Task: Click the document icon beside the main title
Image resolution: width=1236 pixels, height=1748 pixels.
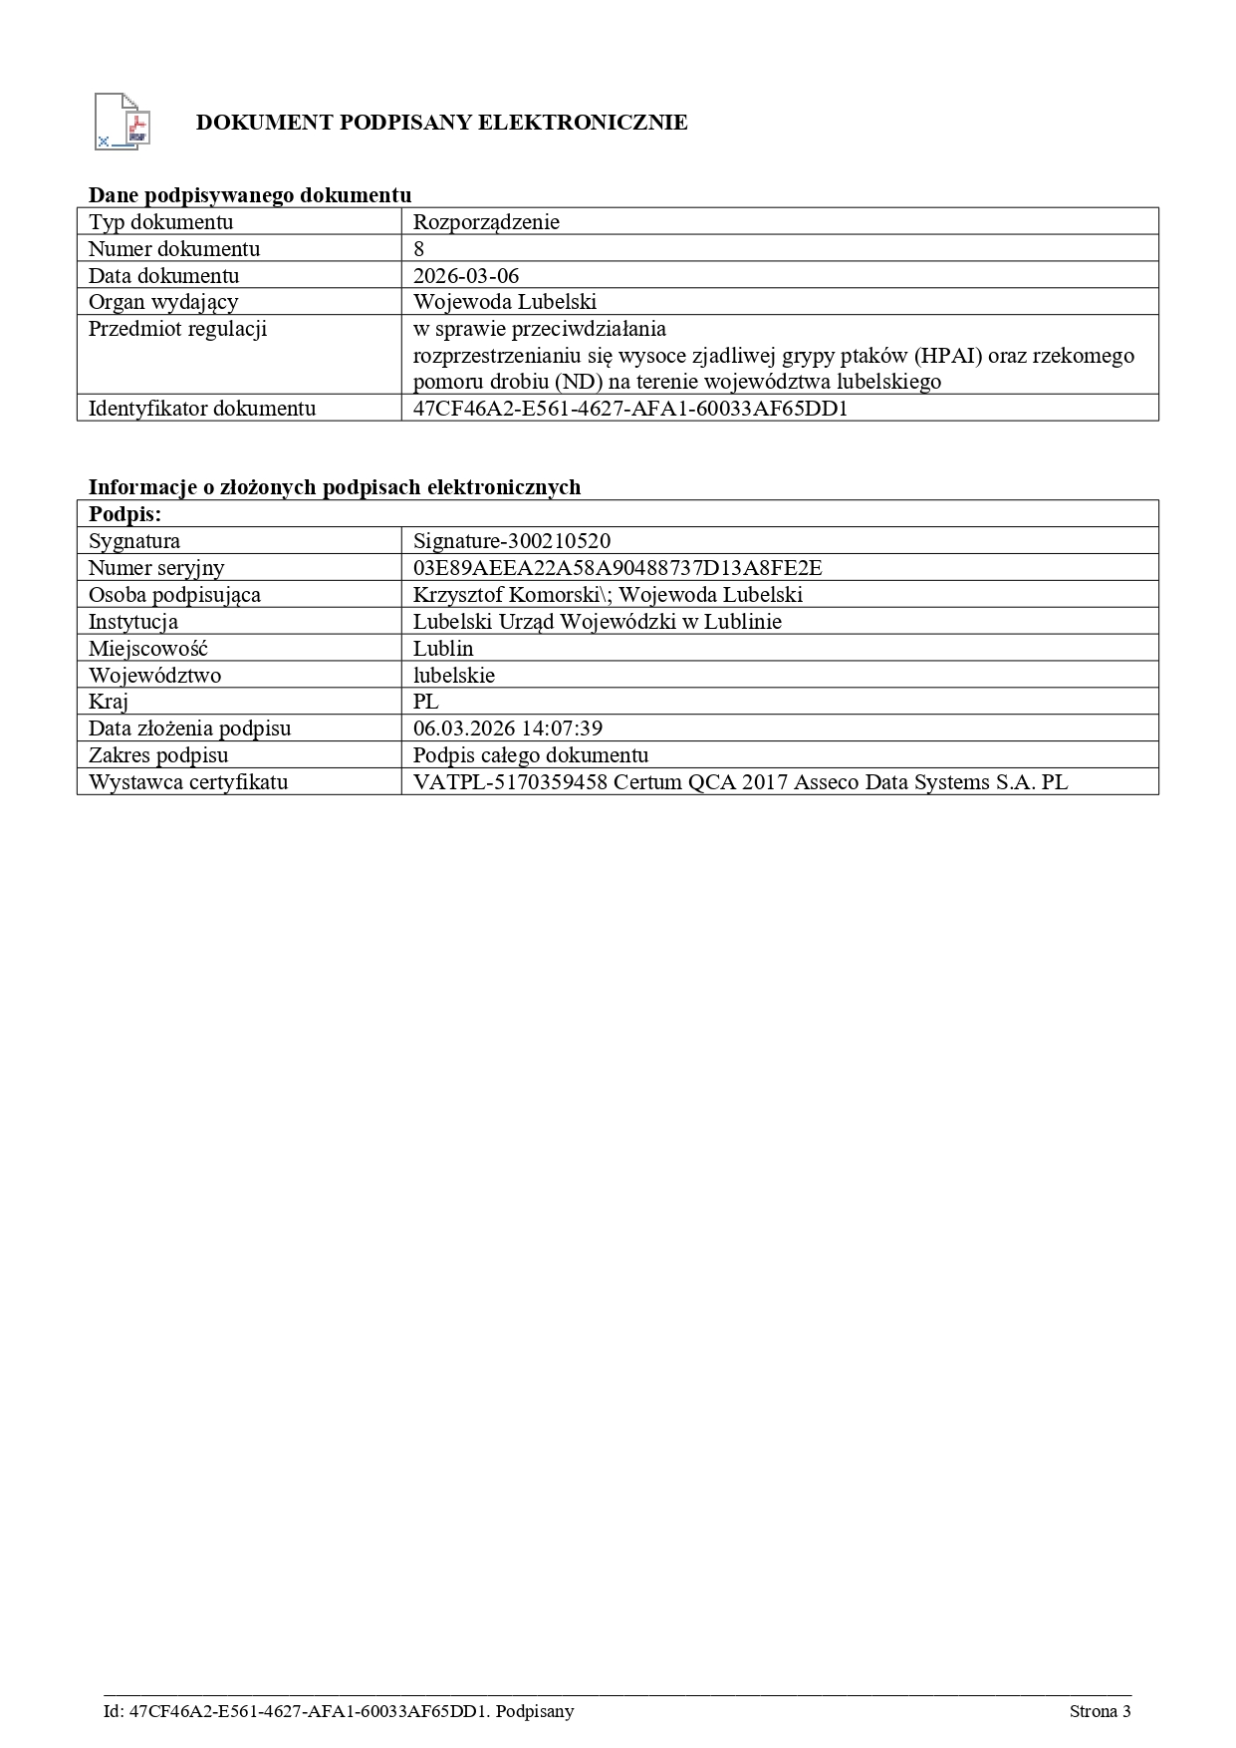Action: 122,122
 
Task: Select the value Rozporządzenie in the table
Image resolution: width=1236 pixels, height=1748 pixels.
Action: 486,222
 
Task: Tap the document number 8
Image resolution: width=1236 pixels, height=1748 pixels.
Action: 419,249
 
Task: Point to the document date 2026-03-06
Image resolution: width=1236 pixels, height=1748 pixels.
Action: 466,276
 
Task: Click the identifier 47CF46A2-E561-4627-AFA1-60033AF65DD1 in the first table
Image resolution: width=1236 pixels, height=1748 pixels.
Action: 630,409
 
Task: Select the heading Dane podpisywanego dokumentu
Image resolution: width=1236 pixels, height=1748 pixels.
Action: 250,195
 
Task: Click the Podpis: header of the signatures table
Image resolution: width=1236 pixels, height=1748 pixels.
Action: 124,514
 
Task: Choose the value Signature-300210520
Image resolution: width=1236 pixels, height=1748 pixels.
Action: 512,541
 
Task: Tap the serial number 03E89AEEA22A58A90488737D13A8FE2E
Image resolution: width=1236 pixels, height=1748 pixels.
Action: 618,568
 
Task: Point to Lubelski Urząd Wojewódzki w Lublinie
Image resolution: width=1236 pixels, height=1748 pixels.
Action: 598,622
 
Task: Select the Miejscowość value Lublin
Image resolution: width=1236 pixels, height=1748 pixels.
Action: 443,649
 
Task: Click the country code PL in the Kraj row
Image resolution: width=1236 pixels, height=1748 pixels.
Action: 426,702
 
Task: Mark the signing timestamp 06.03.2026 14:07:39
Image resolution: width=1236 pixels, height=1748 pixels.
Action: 508,728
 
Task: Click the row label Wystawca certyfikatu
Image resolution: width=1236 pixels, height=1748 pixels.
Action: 188,782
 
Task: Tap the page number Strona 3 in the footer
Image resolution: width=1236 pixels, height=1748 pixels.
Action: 1100,1711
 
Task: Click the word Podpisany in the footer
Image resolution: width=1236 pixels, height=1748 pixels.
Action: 534,1711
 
